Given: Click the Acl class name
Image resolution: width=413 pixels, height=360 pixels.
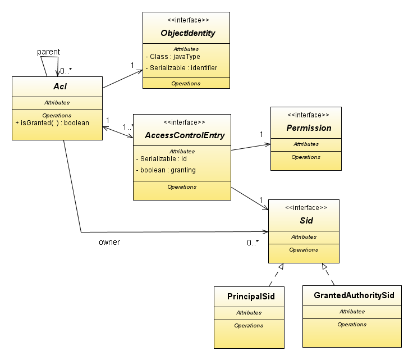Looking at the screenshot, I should click(57, 86).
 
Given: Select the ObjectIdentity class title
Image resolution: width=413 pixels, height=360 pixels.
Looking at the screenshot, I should click(187, 33).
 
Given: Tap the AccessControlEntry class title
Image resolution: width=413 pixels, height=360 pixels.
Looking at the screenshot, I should click(185, 135).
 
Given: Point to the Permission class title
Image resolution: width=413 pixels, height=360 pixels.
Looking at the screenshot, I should click(309, 128).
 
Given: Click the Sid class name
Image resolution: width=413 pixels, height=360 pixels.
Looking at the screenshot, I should click(306, 221).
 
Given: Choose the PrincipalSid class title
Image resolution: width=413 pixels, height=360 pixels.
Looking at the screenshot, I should click(248, 296).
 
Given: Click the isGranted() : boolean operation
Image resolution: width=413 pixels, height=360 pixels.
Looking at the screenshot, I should click(52, 122).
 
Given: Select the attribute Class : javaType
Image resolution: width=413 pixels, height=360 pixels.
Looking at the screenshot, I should click(173, 57).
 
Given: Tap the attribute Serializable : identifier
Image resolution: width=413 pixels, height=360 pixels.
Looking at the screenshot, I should click(181, 68).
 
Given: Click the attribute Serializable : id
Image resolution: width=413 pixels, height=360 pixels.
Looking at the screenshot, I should click(164, 159).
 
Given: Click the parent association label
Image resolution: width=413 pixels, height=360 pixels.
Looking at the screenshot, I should click(48, 52).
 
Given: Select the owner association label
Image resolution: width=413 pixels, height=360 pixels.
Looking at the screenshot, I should click(109, 243).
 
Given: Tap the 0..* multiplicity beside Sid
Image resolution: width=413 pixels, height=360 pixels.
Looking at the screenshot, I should click(253, 243).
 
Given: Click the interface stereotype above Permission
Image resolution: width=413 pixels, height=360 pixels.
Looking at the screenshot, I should click(308, 115).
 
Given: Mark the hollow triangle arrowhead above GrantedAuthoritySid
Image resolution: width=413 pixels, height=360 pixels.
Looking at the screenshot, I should click(324, 267).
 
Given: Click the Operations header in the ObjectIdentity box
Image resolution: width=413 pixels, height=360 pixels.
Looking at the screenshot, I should click(186, 83).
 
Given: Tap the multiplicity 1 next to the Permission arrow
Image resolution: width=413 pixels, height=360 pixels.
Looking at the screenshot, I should click(261, 134).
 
